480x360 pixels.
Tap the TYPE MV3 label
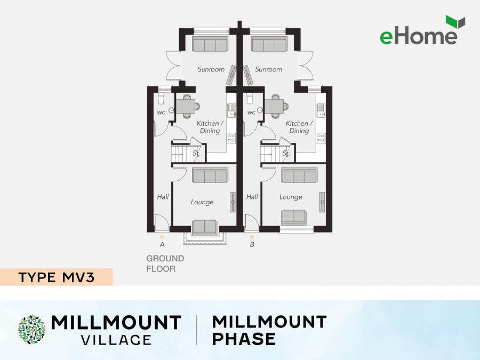point(55,277)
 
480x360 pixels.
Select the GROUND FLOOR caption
point(165,263)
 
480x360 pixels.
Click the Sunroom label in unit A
point(211,69)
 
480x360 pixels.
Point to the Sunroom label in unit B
point(268,69)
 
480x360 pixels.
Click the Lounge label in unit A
point(202,202)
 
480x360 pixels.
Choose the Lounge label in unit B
point(291,197)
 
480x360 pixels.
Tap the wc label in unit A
point(161,113)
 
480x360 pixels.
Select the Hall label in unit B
point(252,197)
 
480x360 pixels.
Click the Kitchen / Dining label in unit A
point(210,127)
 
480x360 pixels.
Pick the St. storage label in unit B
point(286,154)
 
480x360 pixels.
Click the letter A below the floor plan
point(162,245)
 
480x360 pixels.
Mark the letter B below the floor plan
point(252,245)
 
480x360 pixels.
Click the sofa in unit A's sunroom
point(210,45)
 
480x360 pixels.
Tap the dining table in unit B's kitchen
point(276,107)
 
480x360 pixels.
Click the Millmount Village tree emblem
point(31,329)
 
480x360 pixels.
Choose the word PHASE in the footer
point(244,338)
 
